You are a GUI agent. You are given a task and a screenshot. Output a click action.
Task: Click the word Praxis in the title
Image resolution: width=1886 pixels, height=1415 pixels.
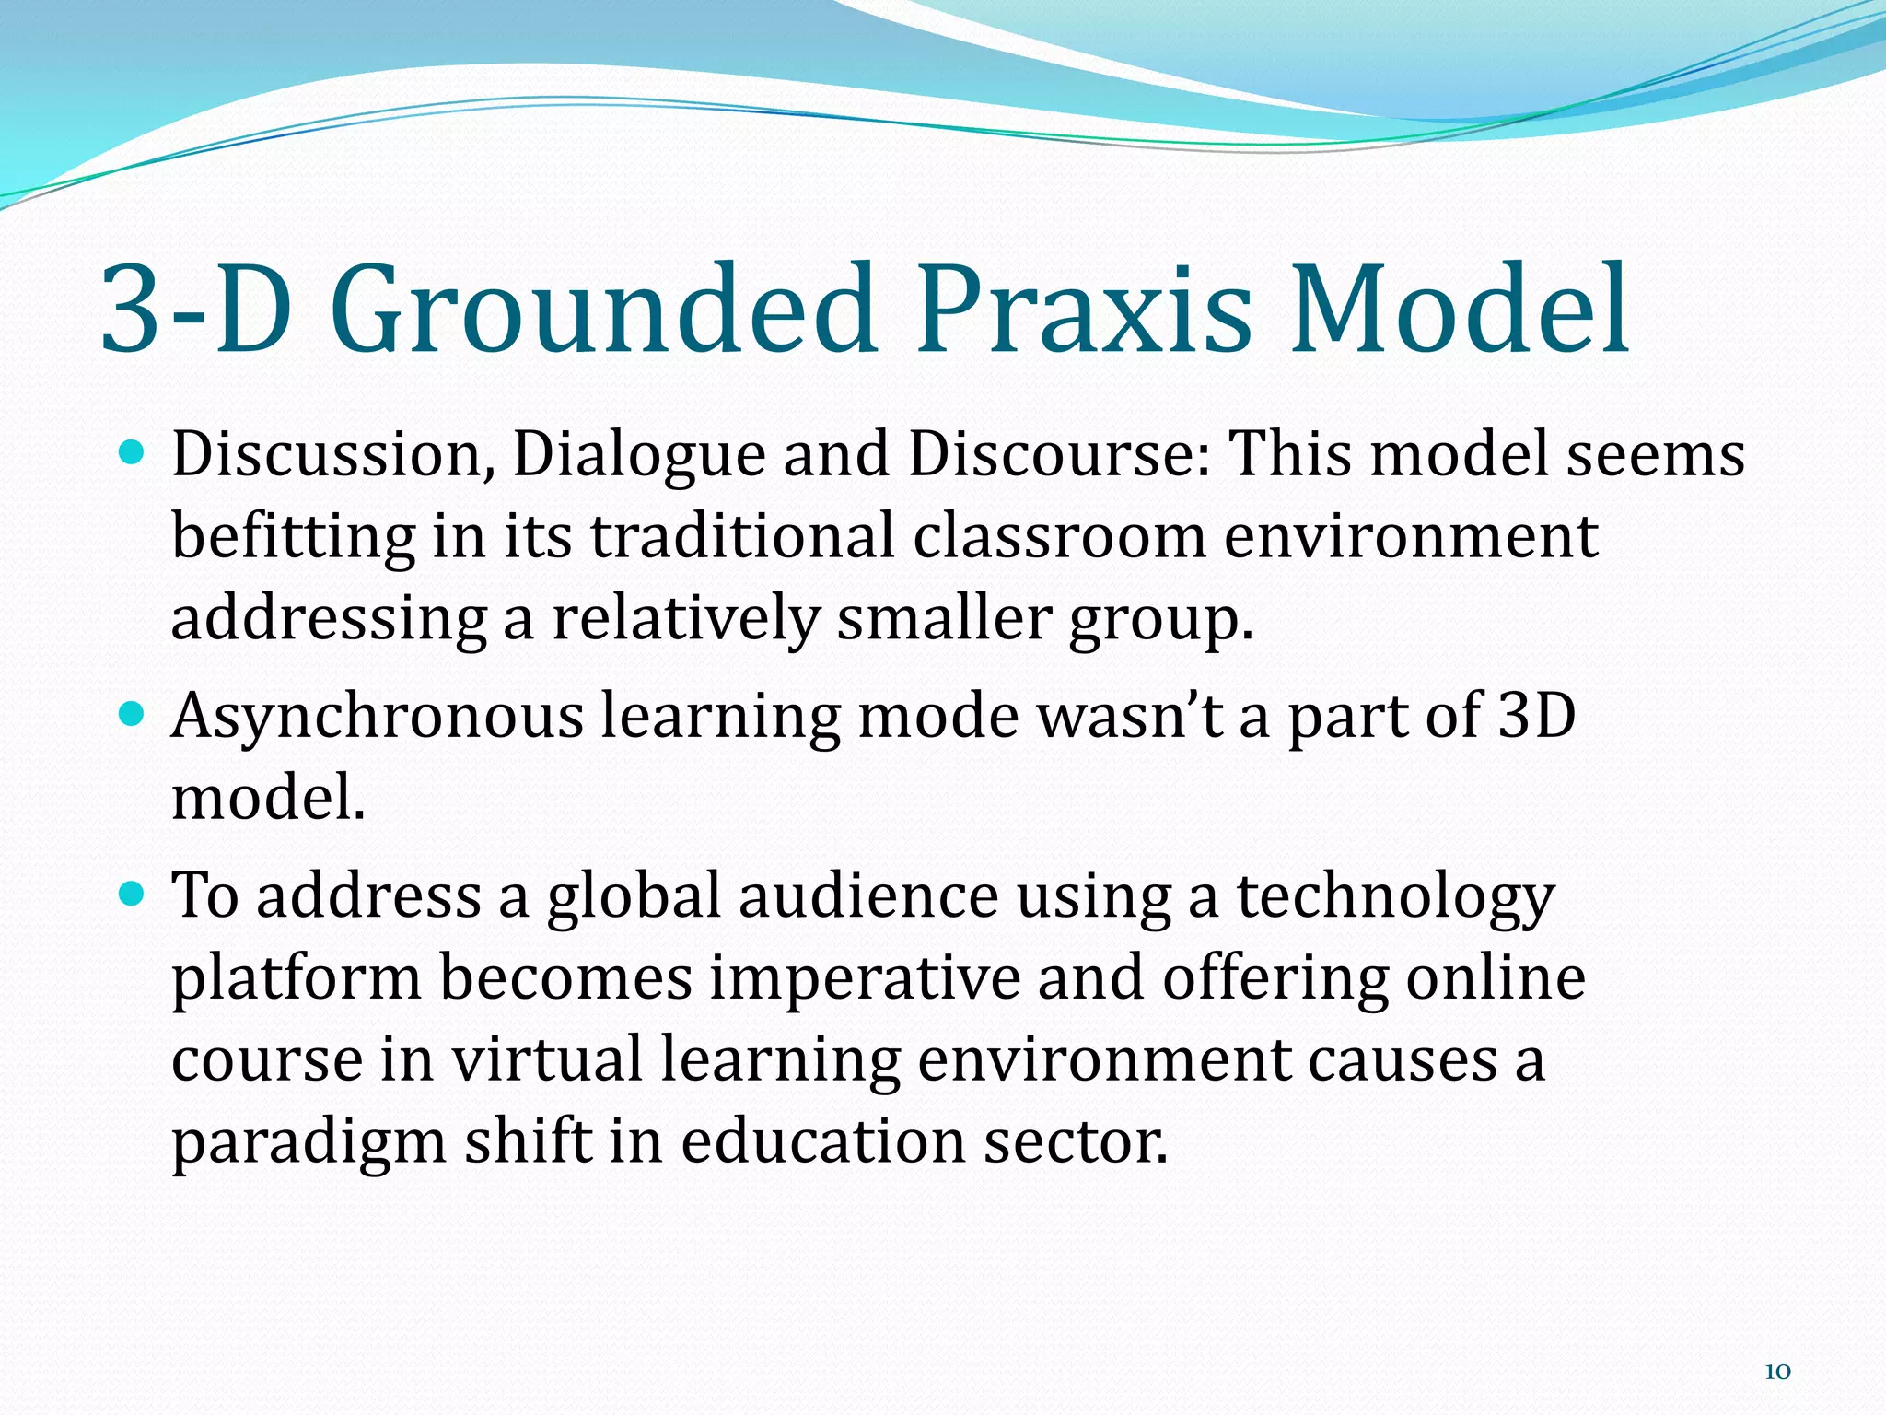click(x=1084, y=310)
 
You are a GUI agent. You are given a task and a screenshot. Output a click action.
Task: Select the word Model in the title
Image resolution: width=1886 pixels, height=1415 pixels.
click(x=1459, y=310)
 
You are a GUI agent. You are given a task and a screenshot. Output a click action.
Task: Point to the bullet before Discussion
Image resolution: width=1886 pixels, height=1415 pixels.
click(x=134, y=452)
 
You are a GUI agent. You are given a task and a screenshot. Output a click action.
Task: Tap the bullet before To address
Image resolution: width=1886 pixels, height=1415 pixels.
click(x=134, y=893)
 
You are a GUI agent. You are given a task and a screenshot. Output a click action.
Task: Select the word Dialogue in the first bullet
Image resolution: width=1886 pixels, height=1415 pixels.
click(x=638, y=456)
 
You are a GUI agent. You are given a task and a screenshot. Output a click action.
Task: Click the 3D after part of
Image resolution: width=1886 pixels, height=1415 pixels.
click(x=1537, y=716)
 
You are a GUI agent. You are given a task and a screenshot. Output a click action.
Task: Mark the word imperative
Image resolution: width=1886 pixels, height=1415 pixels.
click(x=865, y=977)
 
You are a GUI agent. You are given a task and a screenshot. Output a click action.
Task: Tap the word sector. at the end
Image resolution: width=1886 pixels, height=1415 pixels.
click(x=1075, y=1142)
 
